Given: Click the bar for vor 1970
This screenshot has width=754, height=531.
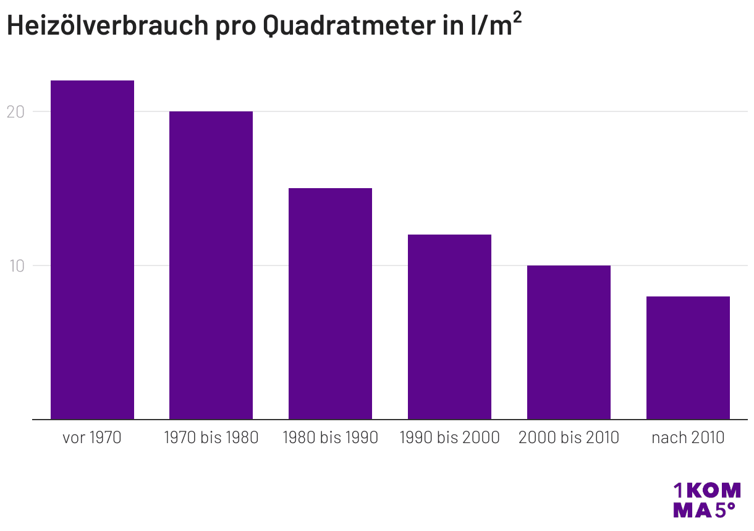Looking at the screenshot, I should [92, 250].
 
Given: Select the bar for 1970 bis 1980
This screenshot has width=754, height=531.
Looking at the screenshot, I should [211, 265].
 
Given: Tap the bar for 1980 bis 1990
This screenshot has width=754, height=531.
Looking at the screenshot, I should [330, 304].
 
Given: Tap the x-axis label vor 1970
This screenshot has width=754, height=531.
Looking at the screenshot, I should [92, 438].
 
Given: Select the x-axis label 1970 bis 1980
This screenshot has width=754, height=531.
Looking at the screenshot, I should [211, 438].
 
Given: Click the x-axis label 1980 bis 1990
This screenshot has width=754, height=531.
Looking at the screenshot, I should [330, 438].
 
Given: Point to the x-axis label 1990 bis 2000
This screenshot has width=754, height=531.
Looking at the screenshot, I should [449, 438].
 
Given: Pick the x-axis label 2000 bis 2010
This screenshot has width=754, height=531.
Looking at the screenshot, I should [569, 438].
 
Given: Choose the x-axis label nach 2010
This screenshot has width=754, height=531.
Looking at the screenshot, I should [688, 438].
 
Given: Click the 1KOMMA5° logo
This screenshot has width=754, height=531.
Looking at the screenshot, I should [706, 500].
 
